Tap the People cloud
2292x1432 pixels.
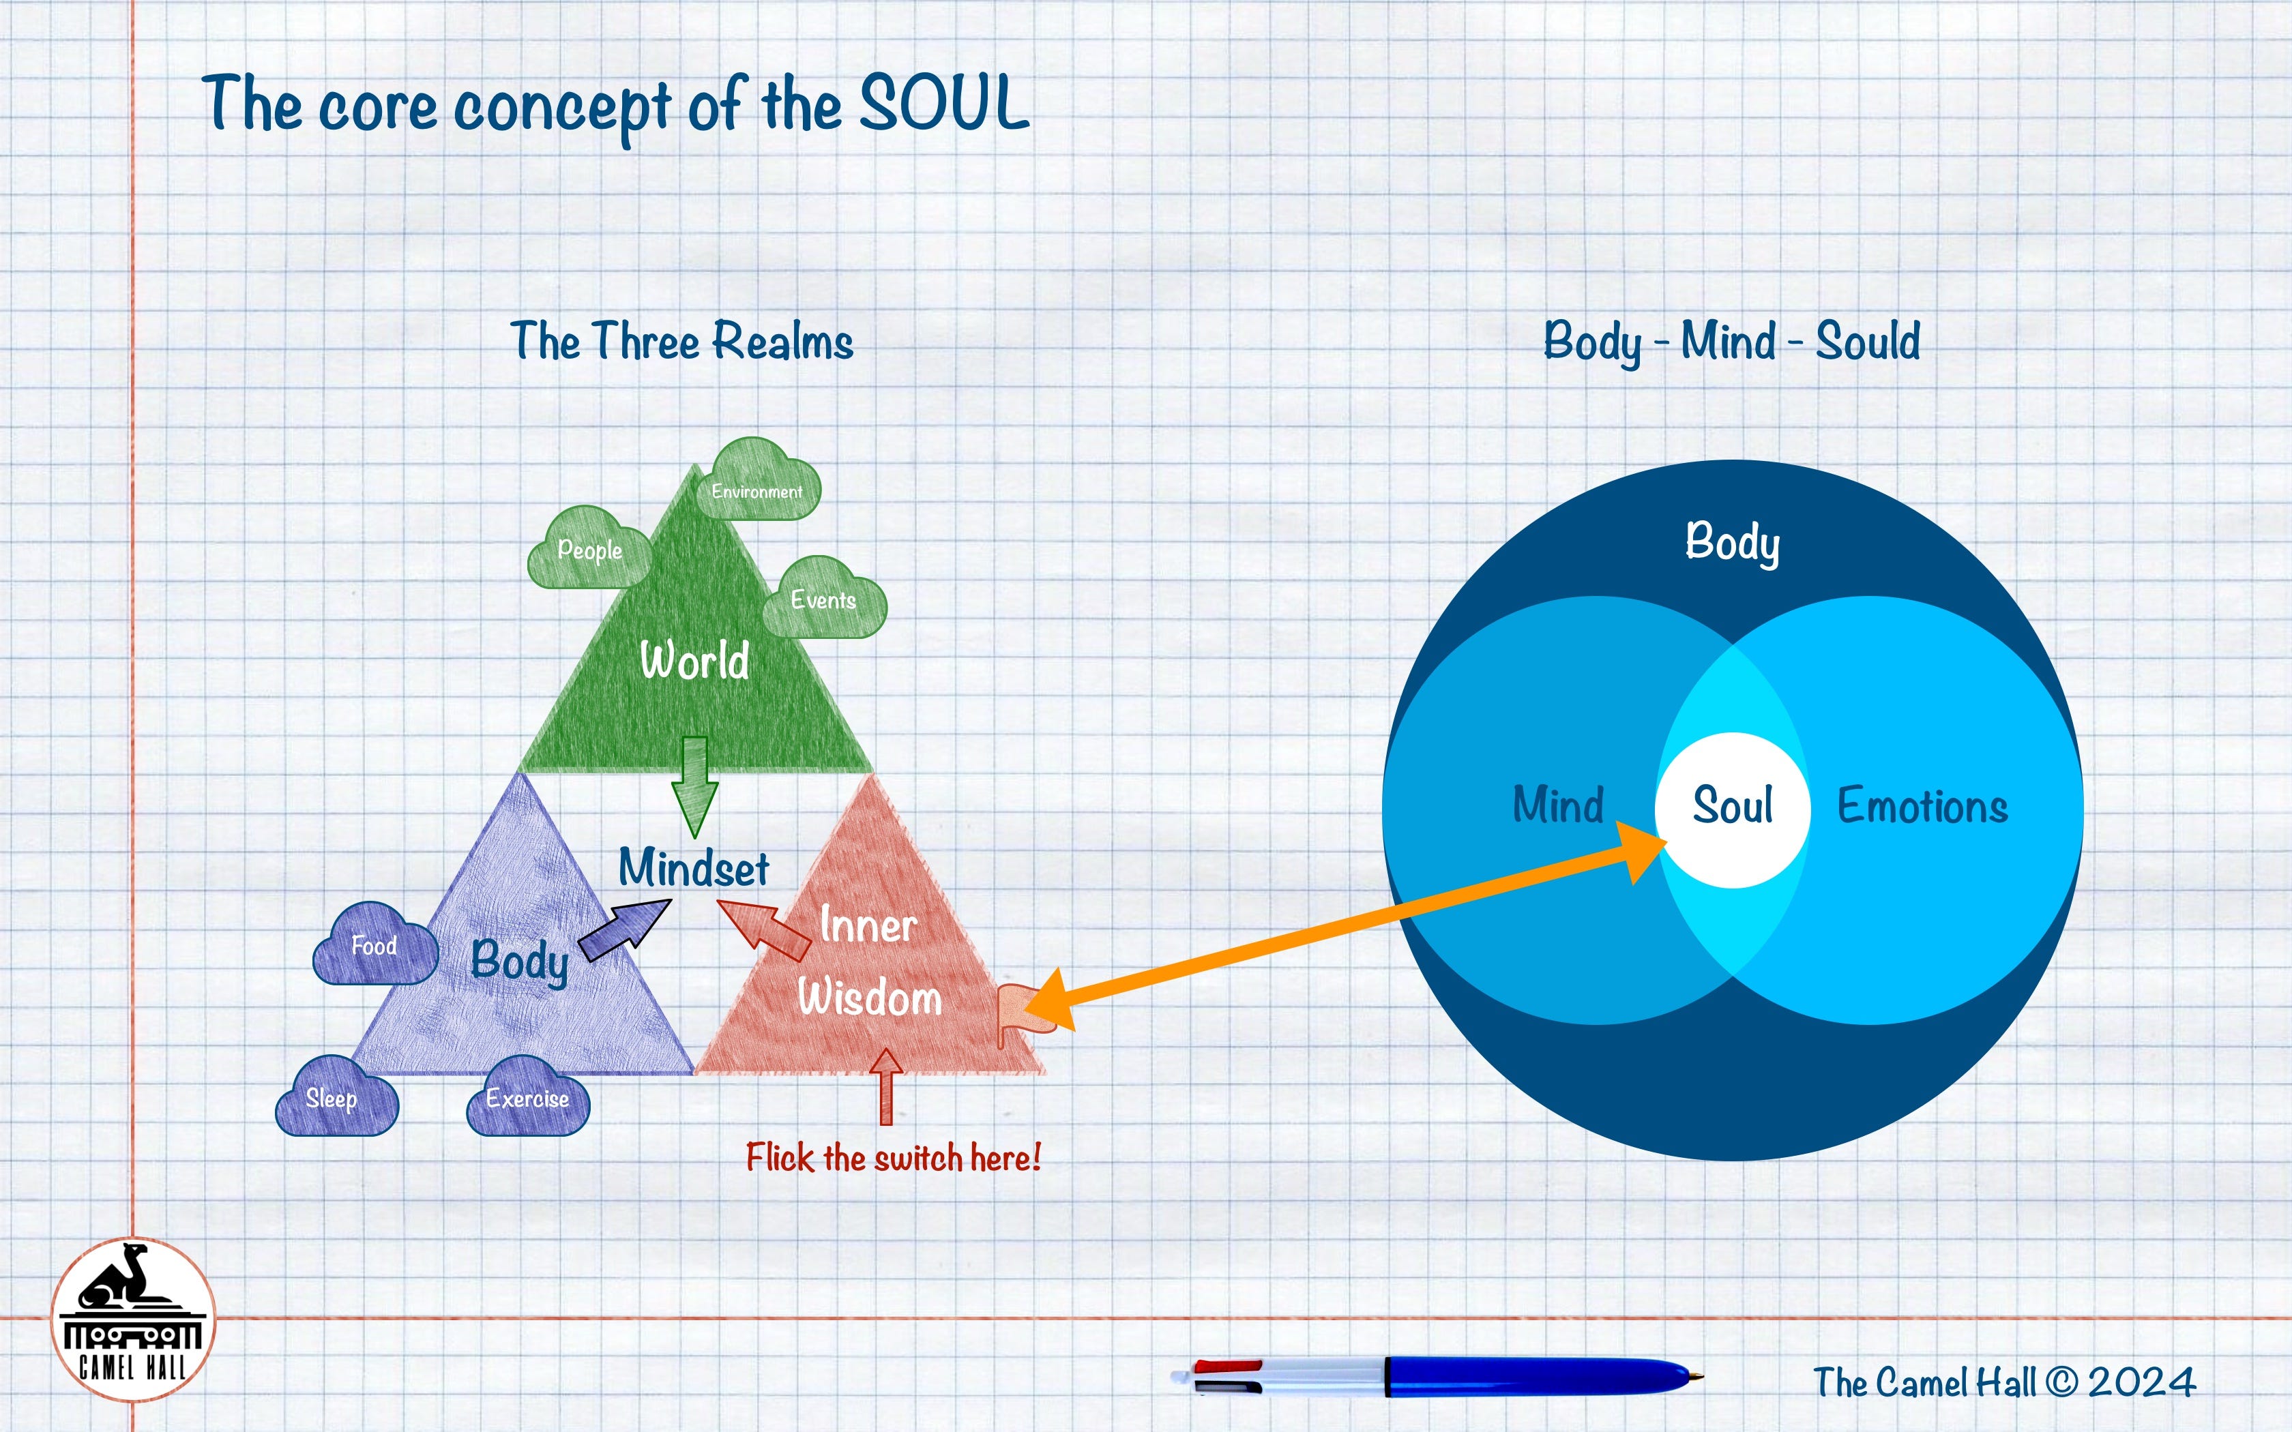[x=589, y=550]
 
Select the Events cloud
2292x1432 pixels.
[x=824, y=599]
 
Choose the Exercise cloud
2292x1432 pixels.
[x=527, y=1099]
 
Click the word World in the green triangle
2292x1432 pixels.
[x=694, y=660]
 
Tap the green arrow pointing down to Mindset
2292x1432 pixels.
[x=694, y=786]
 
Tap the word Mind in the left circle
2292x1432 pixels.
[x=1558, y=805]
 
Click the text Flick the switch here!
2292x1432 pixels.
[x=892, y=1157]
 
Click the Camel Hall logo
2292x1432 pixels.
[x=132, y=1320]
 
